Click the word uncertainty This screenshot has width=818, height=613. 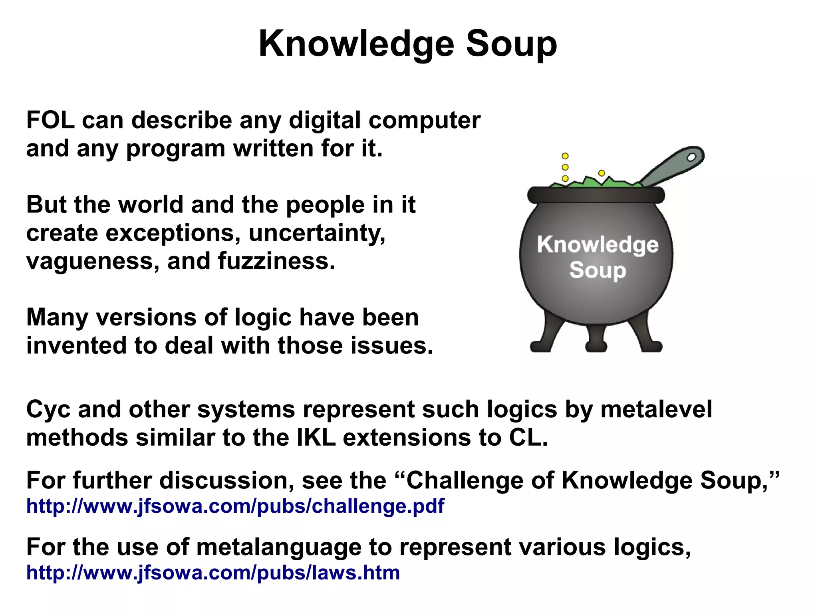pyautogui.click(x=317, y=233)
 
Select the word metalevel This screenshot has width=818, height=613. pyautogui.click(x=656, y=409)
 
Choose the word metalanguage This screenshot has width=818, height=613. pyautogui.click(x=279, y=547)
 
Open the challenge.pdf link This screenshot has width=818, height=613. pyautogui.click(x=235, y=506)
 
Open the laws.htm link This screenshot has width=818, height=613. pyautogui.click(x=213, y=573)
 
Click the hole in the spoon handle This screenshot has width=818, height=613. pyautogui.click(x=691, y=157)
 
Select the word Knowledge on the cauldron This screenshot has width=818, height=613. pyautogui.click(x=598, y=244)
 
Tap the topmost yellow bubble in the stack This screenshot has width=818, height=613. pyautogui.click(x=565, y=156)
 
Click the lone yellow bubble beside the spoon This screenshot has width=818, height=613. pyautogui.click(x=602, y=173)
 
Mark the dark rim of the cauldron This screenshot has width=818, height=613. pyautogui.click(x=596, y=195)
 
